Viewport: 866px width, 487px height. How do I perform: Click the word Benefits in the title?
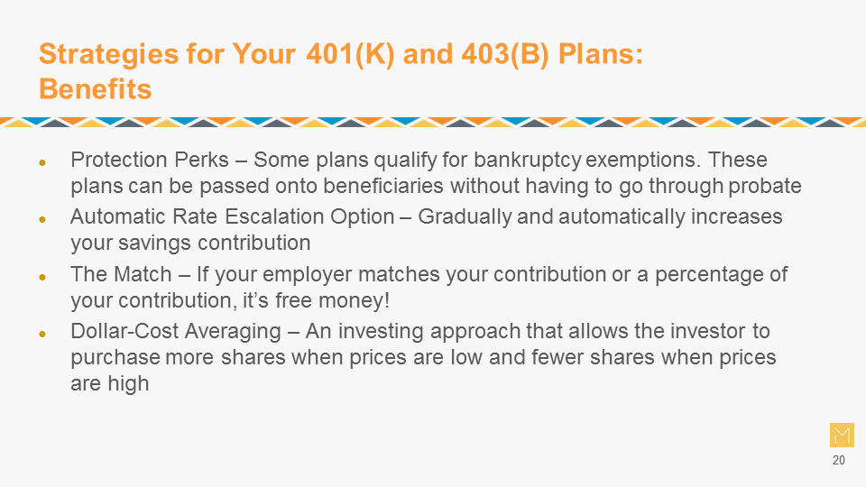coord(95,89)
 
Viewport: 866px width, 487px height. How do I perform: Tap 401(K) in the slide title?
coord(350,54)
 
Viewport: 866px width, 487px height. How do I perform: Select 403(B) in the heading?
coord(505,54)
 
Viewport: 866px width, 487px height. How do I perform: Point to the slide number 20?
coord(838,461)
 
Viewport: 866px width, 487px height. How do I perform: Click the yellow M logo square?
coord(842,435)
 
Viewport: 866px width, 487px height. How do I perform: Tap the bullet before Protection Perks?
coord(42,162)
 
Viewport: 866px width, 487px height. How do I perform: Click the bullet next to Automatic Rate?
coord(42,220)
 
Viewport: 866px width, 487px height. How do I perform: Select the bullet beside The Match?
coord(42,277)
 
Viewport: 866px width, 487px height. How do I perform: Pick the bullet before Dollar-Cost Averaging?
coord(42,334)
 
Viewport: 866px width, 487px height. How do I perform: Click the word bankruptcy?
coord(528,161)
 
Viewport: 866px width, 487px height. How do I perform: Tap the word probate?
coord(765,187)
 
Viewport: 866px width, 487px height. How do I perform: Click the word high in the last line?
coord(128,384)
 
